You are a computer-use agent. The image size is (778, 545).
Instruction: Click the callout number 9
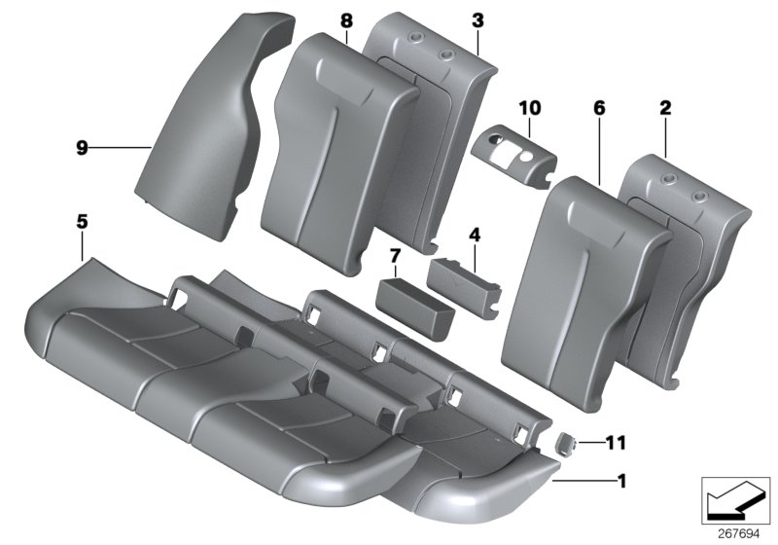(82, 148)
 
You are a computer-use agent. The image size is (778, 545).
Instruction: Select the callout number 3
(477, 19)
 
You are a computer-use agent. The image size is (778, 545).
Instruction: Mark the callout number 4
(474, 235)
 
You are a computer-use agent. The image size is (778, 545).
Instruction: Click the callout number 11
(614, 443)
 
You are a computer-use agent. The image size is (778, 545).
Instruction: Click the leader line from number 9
(122, 148)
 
